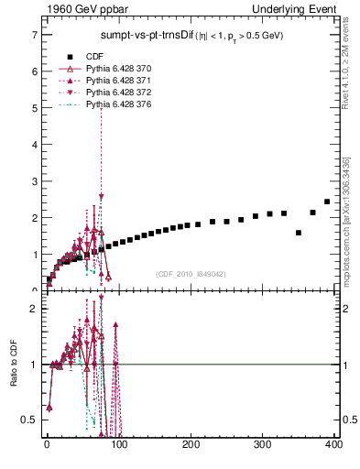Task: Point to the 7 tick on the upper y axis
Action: pos(34,35)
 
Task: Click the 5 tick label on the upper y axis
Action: pos(34,108)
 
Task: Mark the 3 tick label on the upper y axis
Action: pos(34,181)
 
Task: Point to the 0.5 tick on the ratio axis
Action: pos(29,420)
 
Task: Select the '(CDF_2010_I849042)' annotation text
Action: pos(191,274)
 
